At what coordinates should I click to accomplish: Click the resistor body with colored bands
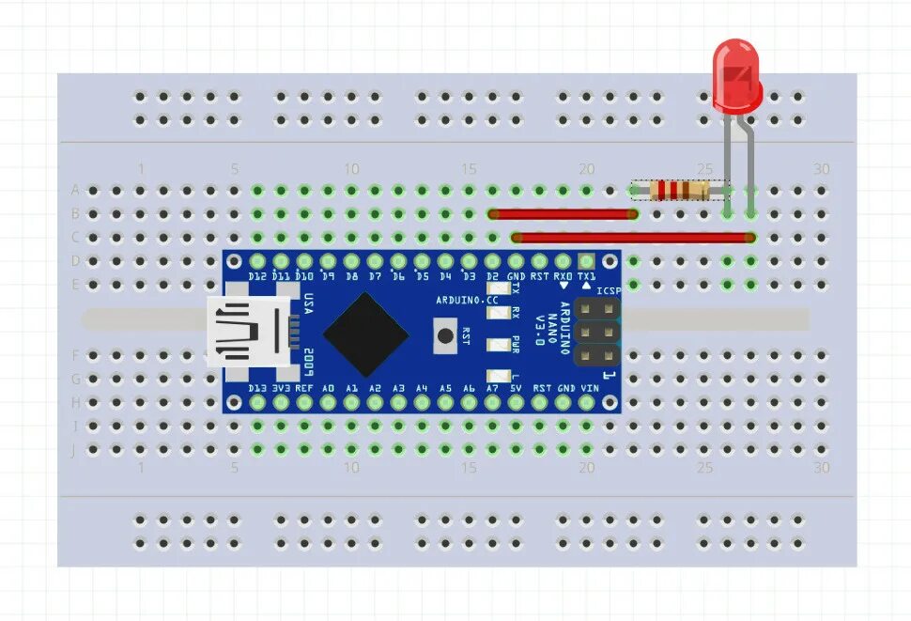point(679,191)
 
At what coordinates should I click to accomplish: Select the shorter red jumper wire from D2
point(564,214)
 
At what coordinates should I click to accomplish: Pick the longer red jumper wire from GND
point(632,238)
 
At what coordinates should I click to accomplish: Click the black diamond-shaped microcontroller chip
point(365,334)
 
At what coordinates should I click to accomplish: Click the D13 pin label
point(257,388)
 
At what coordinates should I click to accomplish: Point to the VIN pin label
point(589,388)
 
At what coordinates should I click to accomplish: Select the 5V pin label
point(516,388)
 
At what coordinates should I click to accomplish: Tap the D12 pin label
point(257,276)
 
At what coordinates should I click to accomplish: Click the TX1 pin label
point(586,276)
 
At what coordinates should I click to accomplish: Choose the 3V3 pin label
point(281,388)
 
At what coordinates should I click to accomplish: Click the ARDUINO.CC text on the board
point(467,300)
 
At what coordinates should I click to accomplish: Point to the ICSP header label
point(609,290)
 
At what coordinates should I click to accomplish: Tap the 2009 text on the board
point(307,358)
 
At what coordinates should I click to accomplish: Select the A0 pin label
point(328,388)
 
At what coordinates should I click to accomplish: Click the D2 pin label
point(492,276)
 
